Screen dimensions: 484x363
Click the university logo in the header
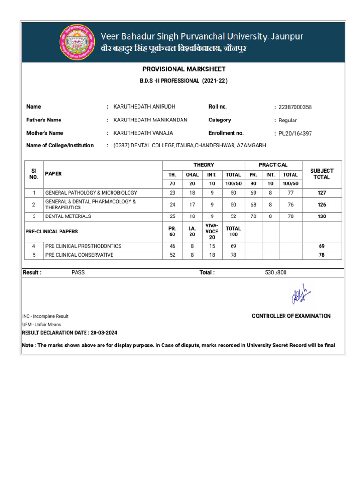tap(76, 43)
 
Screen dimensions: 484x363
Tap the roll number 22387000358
tap(295, 107)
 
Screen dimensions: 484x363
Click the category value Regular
tap(288, 121)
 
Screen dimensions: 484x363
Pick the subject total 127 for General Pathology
tap(321, 193)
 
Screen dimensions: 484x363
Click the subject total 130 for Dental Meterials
tap(321, 216)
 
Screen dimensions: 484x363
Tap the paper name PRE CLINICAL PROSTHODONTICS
tap(83, 246)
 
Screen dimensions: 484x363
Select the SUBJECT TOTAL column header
tap(321, 173)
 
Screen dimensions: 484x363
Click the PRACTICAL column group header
tap(273, 165)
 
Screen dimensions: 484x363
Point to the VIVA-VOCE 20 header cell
tap(212, 232)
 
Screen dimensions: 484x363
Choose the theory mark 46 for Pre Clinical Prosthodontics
tap(172, 246)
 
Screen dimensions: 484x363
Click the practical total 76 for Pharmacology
tap(290, 205)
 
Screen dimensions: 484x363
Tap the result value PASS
tap(78, 273)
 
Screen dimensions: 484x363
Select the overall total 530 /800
tap(276, 273)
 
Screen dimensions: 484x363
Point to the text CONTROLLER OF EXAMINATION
tap(291, 316)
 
